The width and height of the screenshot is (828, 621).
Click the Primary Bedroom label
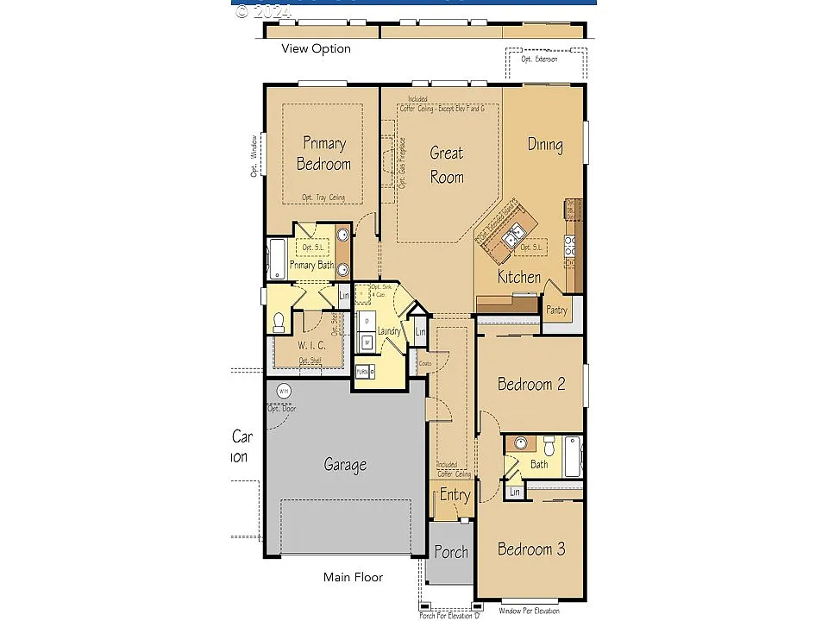coord(323,154)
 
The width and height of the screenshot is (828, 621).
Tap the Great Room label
coord(447,165)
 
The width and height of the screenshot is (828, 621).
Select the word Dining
coord(545,145)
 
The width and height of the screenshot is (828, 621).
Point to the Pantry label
coord(557,310)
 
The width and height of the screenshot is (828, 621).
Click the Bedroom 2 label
coord(531,384)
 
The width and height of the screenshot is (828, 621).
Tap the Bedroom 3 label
coord(531,549)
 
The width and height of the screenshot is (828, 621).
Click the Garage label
coord(345,465)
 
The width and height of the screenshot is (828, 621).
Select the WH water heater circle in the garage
coord(283,392)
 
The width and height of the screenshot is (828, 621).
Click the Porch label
coord(450,552)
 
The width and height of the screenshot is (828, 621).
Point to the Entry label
coord(455,495)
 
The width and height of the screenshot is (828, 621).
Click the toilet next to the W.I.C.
coord(279,323)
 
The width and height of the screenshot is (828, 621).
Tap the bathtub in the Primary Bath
coord(277,259)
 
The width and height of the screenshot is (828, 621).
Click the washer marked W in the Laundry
coord(367,342)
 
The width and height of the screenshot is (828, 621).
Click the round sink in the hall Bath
coord(520,443)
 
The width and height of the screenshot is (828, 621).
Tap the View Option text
coord(316,49)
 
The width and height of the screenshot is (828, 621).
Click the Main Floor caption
coord(353,577)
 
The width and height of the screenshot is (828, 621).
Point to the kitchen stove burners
coord(569,246)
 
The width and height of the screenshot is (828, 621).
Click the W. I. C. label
coord(312,345)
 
